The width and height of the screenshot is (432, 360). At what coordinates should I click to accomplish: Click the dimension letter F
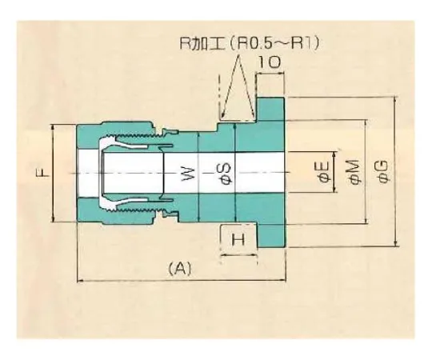(46, 171)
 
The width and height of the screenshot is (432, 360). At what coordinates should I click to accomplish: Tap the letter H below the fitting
(238, 240)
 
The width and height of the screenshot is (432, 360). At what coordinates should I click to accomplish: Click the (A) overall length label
(179, 270)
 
